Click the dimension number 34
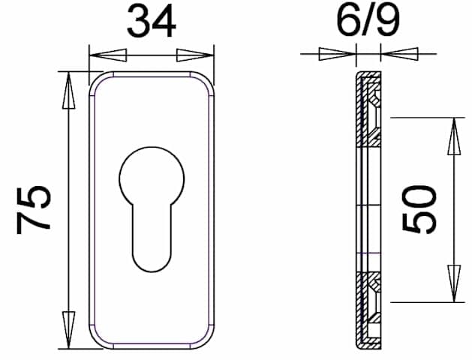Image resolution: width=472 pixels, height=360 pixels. [152, 22]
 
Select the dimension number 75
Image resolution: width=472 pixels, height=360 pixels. [34, 210]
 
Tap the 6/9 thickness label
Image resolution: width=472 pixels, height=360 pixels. [368, 19]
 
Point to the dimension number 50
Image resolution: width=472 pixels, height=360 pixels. [419, 209]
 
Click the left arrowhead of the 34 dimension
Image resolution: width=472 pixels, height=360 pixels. [108, 55]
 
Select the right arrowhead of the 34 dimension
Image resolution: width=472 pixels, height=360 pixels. [195, 55]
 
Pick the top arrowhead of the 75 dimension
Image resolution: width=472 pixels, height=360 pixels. [68, 90]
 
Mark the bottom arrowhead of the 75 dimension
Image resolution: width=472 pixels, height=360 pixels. [68, 330]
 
